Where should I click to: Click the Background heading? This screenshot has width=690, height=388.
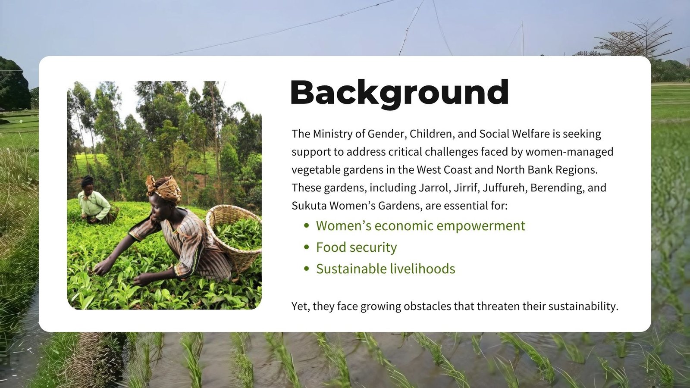(x=399, y=94)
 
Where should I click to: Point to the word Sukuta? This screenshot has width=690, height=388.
(x=309, y=206)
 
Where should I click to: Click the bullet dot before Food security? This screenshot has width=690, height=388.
(x=306, y=247)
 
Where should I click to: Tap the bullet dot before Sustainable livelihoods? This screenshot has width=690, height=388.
(x=306, y=269)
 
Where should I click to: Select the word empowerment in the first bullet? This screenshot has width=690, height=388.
(x=481, y=226)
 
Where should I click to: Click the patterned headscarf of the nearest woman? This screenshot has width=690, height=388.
(x=163, y=188)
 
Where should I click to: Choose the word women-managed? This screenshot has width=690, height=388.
(x=569, y=152)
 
